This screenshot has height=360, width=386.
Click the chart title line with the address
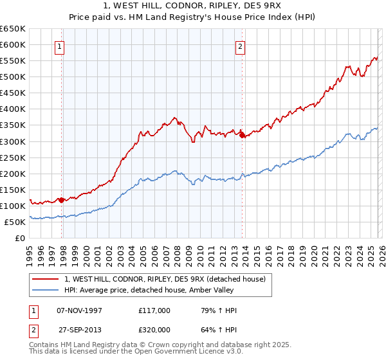coord(192,6)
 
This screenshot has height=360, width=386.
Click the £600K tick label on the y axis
coord(13,44)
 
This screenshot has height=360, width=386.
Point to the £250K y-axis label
coord(13,157)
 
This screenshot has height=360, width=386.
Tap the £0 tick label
coord(21,238)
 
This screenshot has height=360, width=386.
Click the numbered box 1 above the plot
coord(59,46)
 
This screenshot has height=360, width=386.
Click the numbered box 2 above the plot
coord(240,46)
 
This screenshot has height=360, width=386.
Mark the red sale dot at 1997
coord(62,200)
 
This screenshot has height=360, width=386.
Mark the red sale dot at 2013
coord(242,135)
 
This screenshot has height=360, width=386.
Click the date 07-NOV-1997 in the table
coord(78,310)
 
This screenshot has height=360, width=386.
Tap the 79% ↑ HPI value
coord(219,310)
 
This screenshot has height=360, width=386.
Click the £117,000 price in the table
coord(154,310)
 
